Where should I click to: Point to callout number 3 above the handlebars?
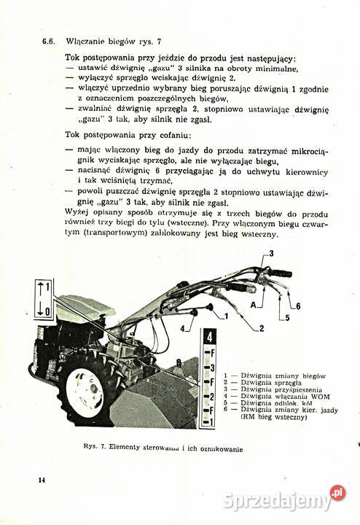(x=270, y=253)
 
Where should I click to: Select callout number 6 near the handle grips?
(x=298, y=305)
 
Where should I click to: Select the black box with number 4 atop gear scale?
(x=209, y=337)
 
